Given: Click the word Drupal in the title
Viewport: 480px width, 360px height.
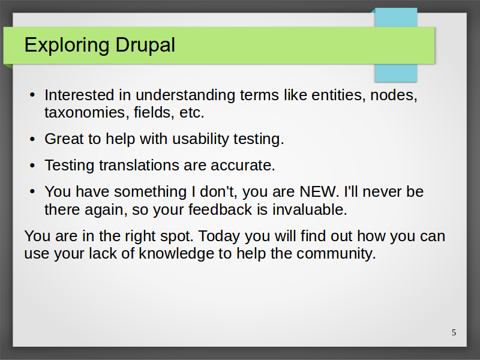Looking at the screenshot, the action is (145, 46).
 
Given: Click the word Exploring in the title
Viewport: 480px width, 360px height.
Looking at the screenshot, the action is (67, 46).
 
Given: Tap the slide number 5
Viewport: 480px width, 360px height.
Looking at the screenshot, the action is (454, 332).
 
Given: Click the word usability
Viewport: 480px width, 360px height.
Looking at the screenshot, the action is (200, 139).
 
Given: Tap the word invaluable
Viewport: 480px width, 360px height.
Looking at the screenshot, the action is (310, 209).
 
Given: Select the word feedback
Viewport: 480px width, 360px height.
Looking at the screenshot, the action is (220, 209).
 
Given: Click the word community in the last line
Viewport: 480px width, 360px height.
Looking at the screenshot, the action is (336, 254).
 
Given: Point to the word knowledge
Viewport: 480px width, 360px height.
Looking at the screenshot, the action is (176, 254).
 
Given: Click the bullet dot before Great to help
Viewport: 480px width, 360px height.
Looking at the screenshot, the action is (33, 139).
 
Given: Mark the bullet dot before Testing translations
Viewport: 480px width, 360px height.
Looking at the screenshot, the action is (33, 166).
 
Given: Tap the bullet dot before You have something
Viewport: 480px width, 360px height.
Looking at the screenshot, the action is (33, 192).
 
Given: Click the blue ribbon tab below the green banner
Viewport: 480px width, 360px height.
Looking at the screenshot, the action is (396, 73).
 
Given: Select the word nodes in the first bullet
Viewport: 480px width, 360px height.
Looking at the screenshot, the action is (394, 95).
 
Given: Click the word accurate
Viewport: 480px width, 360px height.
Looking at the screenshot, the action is (243, 166).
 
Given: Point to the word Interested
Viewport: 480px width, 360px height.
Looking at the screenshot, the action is (79, 95).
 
